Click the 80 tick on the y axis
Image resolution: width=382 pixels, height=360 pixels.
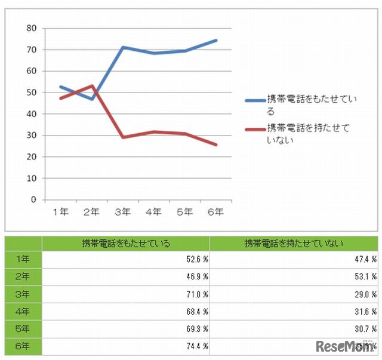click(x=32, y=28)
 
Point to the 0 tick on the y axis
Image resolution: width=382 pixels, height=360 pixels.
click(x=34, y=200)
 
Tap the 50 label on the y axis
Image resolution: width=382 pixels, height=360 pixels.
click(x=32, y=93)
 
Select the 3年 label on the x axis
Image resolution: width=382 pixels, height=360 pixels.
click(x=122, y=211)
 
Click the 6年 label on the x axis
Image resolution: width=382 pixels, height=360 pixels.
click(x=215, y=211)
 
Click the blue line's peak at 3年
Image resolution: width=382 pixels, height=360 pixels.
click(x=122, y=47)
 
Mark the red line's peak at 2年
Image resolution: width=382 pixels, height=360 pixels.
click(x=91, y=85)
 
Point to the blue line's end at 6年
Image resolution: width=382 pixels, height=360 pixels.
click(x=216, y=41)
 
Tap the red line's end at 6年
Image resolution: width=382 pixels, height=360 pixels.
click(x=216, y=144)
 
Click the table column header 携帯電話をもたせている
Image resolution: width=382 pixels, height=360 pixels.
click(x=126, y=244)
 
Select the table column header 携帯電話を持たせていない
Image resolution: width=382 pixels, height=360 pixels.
click(x=294, y=244)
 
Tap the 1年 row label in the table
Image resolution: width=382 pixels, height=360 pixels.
click(x=23, y=260)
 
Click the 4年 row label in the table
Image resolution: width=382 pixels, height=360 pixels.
click(x=23, y=312)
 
